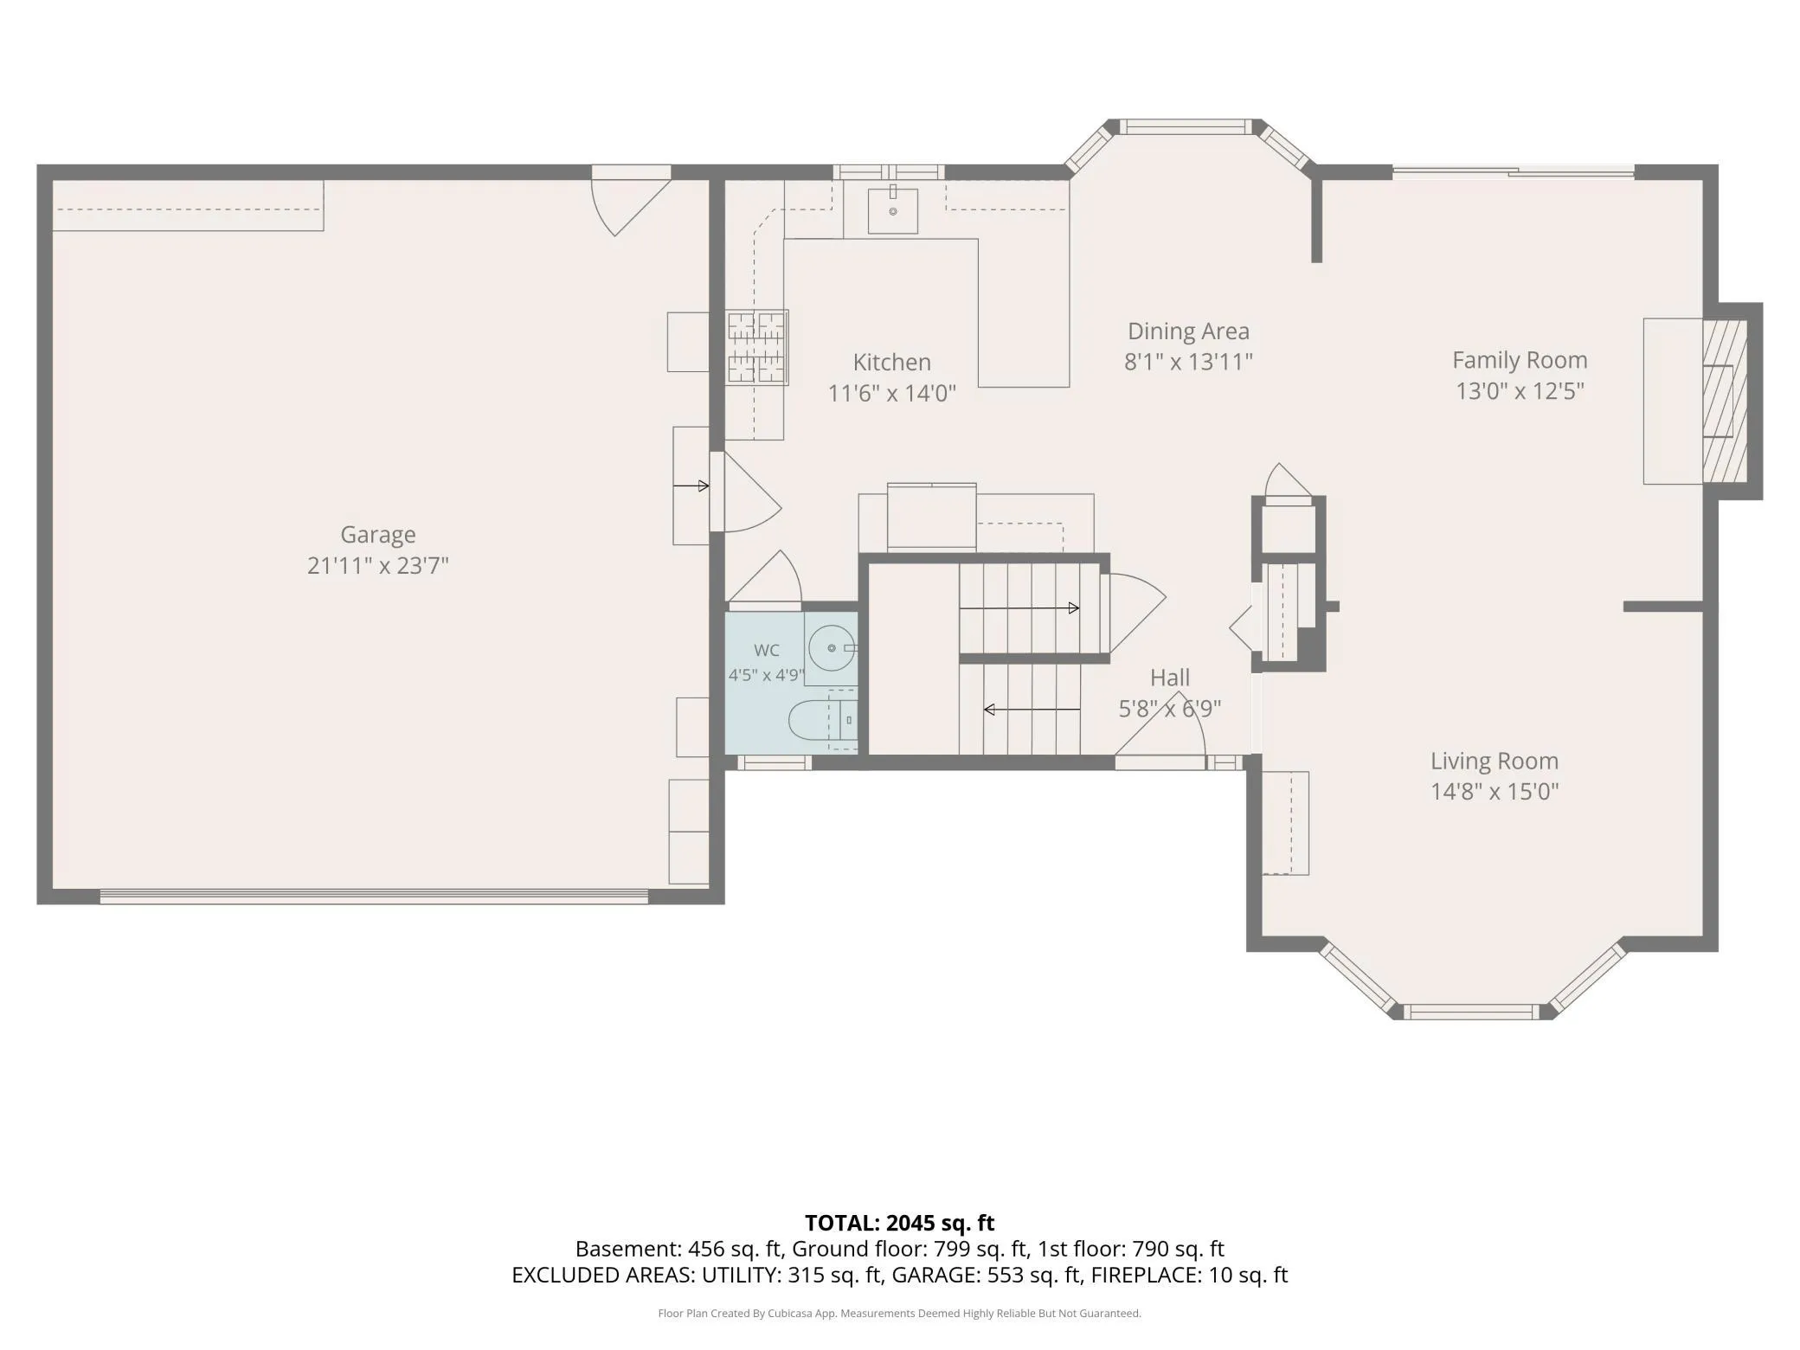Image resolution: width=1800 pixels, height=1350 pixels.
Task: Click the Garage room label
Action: [377, 536]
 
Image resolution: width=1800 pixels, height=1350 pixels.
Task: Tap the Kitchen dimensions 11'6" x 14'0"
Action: [891, 394]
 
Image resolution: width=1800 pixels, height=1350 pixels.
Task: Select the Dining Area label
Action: [1188, 331]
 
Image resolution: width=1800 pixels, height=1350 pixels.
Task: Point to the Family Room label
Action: [1520, 361]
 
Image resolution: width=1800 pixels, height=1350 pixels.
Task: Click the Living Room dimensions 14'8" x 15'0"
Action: [1495, 792]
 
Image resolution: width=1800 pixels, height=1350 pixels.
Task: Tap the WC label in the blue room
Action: [767, 651]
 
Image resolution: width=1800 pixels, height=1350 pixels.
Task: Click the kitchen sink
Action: [892, 211]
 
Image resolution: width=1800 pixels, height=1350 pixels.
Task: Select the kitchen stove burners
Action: [757, 348]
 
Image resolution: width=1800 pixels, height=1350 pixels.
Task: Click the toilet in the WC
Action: [822, 720]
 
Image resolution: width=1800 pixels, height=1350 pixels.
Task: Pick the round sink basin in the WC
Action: [832, 647]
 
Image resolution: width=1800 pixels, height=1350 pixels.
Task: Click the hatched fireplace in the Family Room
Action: [1725, 402]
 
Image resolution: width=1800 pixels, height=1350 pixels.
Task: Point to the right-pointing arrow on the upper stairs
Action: [1019, 608]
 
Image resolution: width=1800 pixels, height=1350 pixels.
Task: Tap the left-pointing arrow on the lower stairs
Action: [1032, 710]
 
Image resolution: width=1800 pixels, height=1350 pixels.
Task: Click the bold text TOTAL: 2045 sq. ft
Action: [899, 1223]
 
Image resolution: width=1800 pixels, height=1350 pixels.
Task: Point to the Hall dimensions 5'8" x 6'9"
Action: [1170, 710]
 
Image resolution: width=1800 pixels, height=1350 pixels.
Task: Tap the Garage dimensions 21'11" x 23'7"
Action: [377, 566]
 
